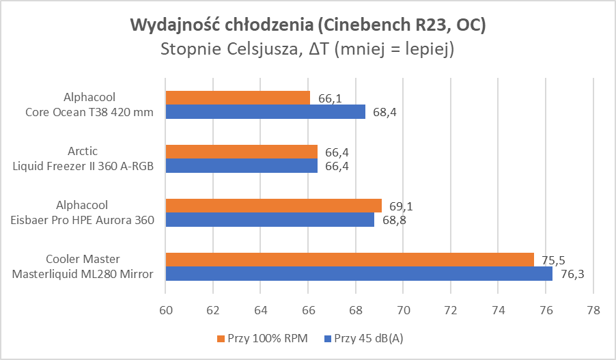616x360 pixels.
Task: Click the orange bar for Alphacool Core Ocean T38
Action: pos(238,98)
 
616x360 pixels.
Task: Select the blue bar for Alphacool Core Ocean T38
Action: pos(265,111)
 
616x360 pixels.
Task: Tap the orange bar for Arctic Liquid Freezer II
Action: pos(241,152)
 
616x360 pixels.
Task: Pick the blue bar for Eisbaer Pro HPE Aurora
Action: pos(270,219)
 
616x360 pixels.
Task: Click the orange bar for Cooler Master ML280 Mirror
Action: pos(350,260)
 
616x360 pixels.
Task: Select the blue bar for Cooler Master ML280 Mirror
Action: pos(359,273)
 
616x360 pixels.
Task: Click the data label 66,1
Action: pos(331,98)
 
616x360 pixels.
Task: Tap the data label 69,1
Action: pos(402,206)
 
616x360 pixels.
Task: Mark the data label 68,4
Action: pos(385,112)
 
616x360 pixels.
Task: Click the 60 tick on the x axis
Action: pos(166,309)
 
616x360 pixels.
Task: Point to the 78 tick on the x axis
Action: pos(593,309)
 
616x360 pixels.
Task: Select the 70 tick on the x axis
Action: pos(403,309)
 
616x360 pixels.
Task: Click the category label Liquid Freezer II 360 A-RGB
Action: pos(83,165)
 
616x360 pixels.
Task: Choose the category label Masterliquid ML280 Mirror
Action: pos(83,273)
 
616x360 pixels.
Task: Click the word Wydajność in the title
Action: pos(173,26)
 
